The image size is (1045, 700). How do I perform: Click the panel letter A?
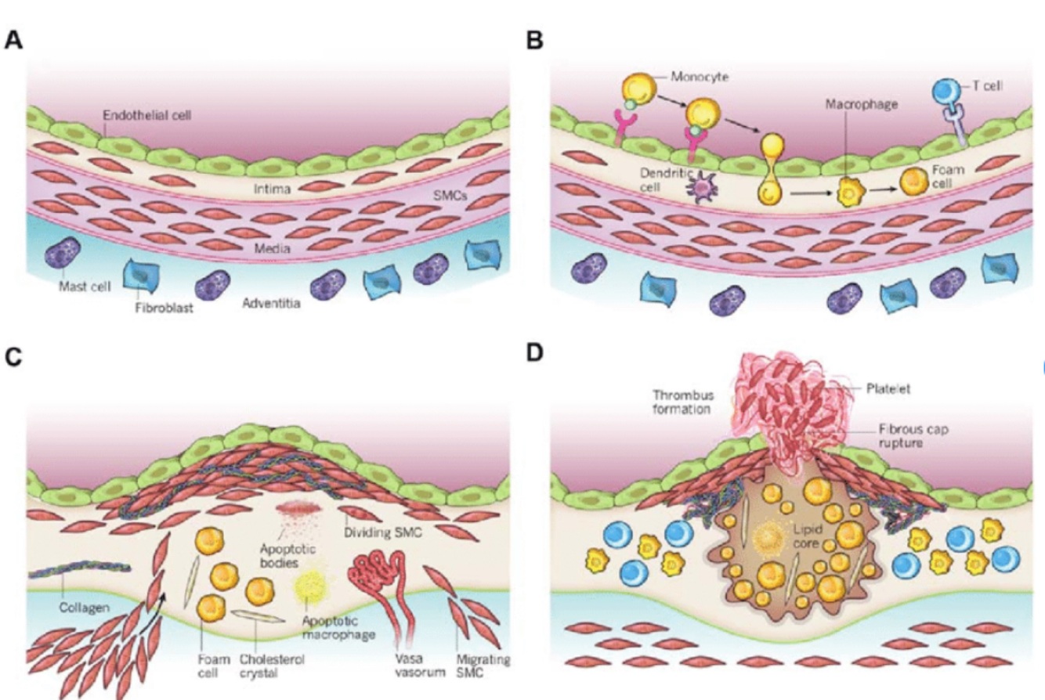click(x=13, y=41)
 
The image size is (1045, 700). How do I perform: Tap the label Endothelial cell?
click(x=148, y=115)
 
